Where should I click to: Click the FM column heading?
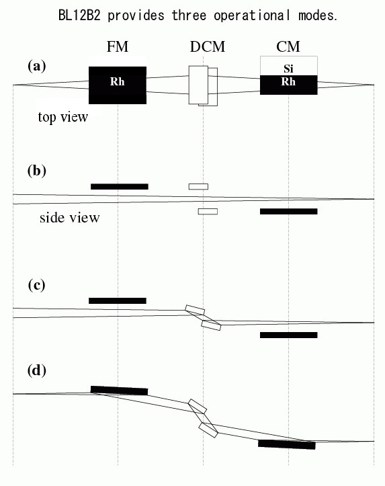click(118, 47)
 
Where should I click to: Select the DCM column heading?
click(208, 47)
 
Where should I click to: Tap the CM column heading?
click(288, 47)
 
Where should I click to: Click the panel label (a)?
click(37, 66)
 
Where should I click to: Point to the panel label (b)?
click(37, 171)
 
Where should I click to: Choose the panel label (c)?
click(36, 285)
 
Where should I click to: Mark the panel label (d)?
click(37, 370)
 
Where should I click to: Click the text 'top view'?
click(63, 117)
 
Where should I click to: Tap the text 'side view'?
click(70, 218)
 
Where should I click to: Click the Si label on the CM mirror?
click(288, 69)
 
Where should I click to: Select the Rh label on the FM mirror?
click(118, 81)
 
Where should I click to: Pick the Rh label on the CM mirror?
click(288, 81)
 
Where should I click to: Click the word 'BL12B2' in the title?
click(79, 15)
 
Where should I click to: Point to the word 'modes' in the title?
click(316, 15)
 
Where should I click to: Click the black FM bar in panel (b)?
click(120, 187)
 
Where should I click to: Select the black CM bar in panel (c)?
click(289, 335)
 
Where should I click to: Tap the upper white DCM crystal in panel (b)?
click(198, 187)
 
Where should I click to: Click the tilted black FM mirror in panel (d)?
click(119, 391)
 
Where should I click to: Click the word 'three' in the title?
click(189, 15)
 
